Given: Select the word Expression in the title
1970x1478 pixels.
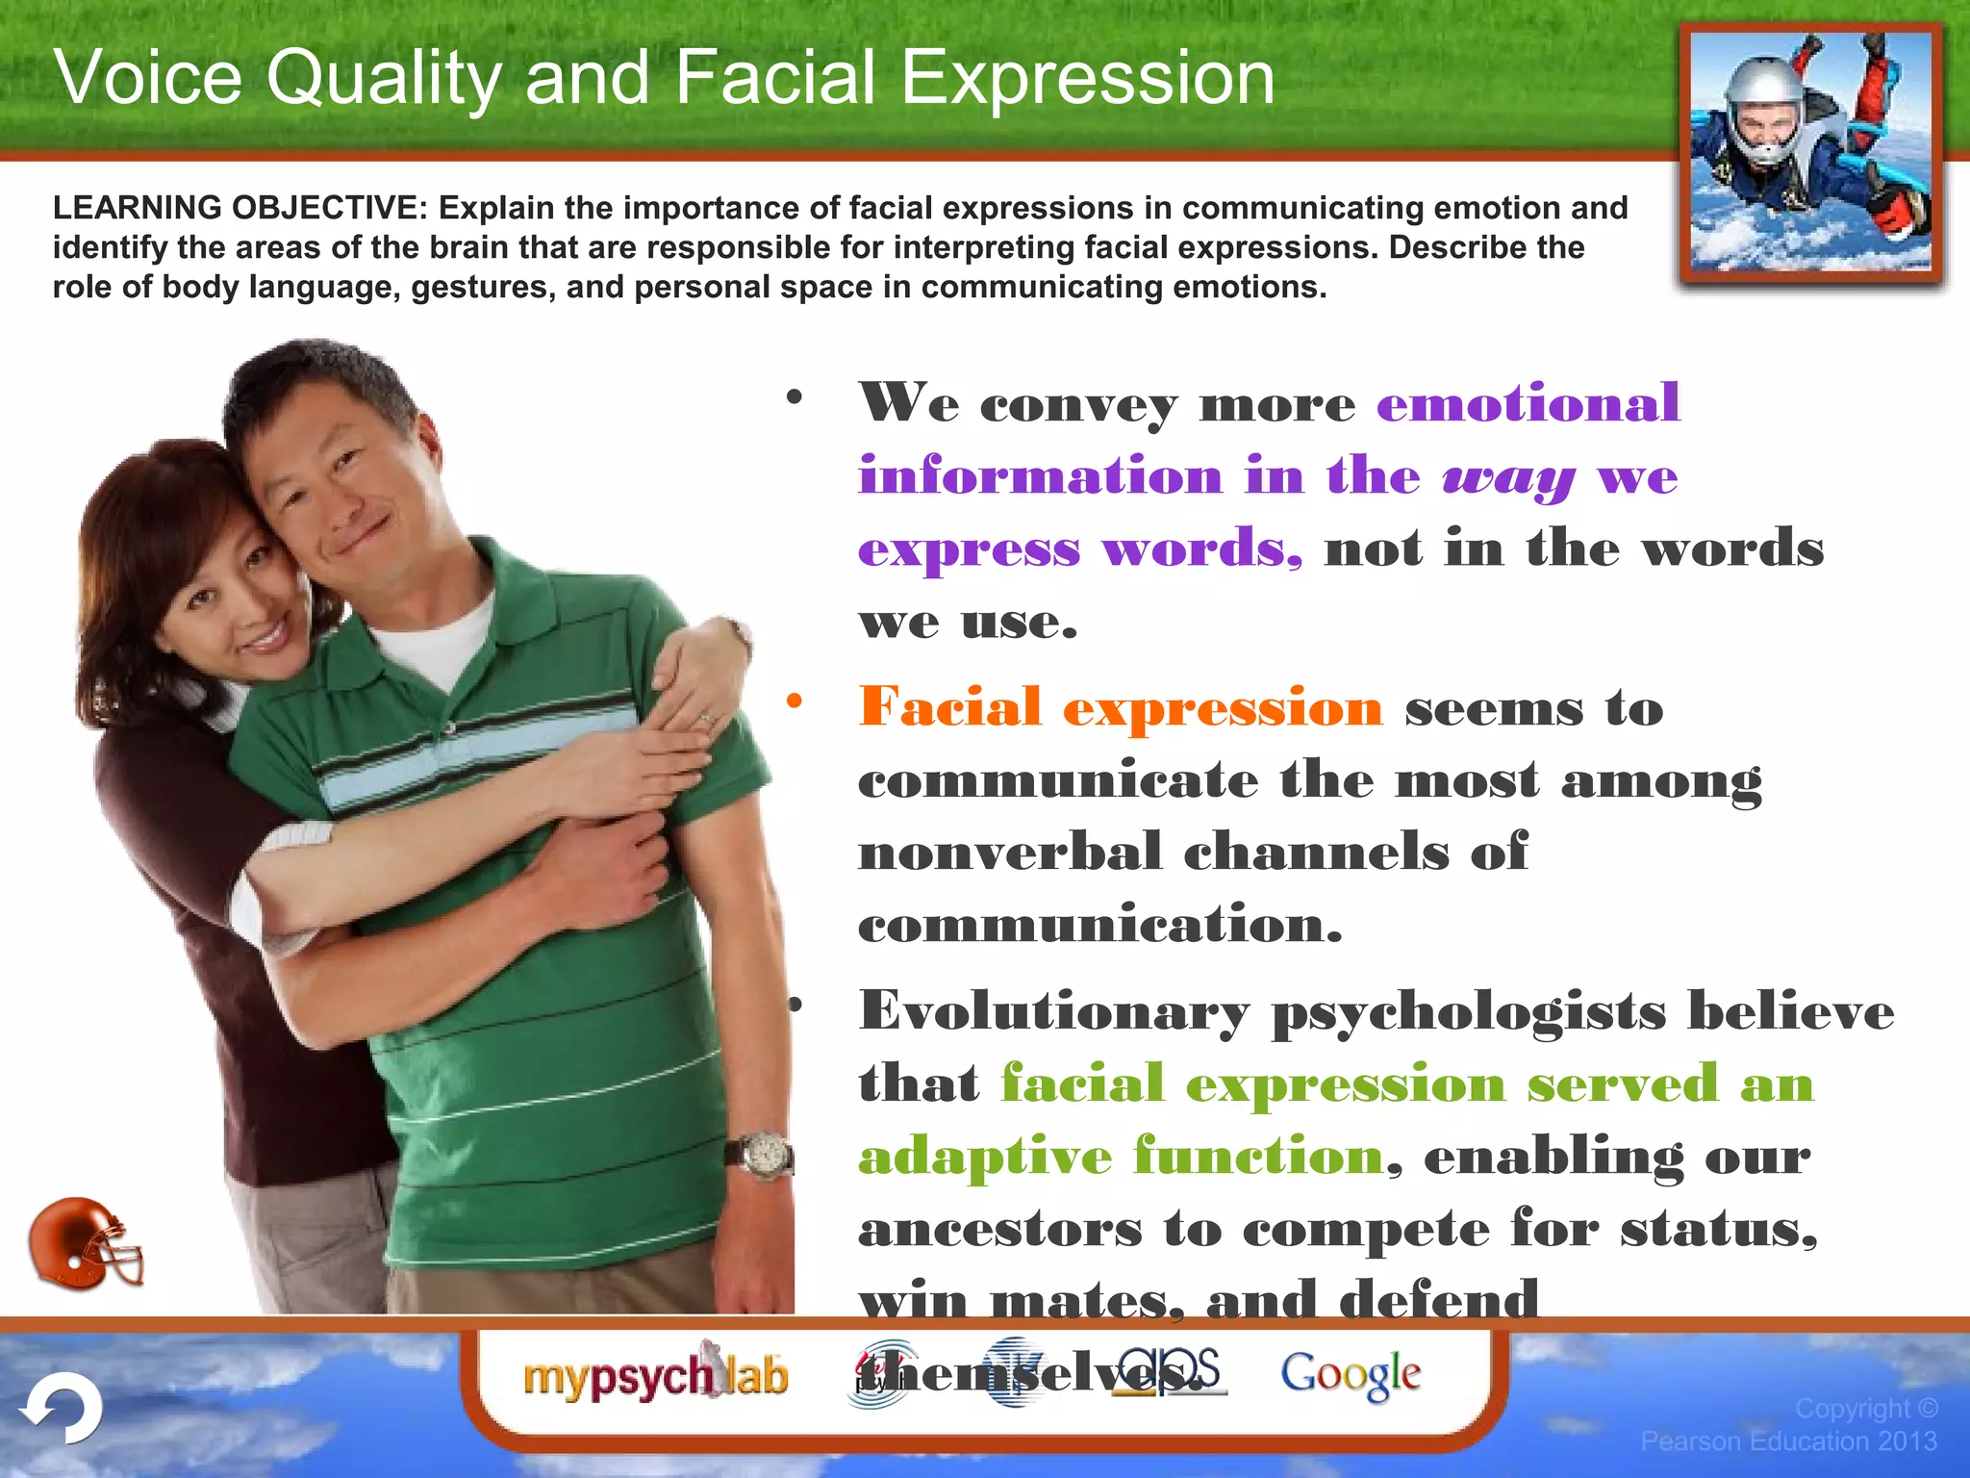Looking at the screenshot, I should tap(1087, 77).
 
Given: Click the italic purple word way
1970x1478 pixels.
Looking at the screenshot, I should tap(1508, 476).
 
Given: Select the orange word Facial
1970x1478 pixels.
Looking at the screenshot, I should tap(950, 707).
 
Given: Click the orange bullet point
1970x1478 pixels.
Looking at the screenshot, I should tap(794, 701).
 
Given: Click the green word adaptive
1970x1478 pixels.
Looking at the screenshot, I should tap(985, 1156).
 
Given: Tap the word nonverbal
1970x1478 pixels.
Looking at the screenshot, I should tap(1010, 853).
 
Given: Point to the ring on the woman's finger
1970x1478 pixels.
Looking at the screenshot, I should tap(707, 718).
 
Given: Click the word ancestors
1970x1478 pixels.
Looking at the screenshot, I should tap(1000, 1229).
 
